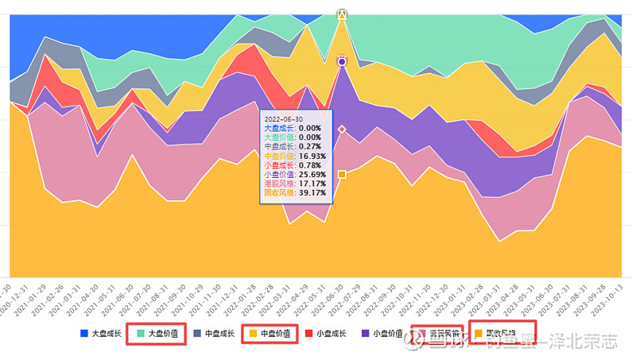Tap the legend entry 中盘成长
coord(214,334)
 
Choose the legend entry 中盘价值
coord(270,334)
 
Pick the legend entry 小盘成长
coord(327,334)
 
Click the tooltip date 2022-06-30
coord(285,118)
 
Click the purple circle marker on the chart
coord(342,61)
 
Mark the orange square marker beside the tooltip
coord(342,174)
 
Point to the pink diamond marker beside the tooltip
coord(342,129)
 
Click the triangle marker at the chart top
coord(342,14)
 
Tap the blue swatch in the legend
coord(84,334)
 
